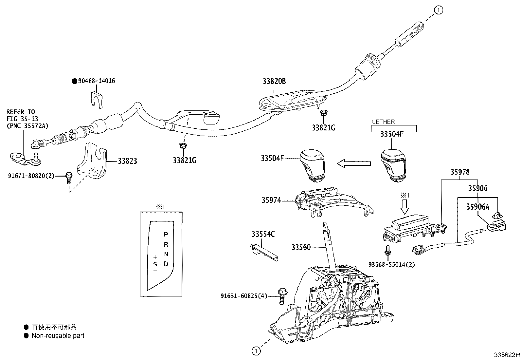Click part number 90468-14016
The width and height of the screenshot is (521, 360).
click(96, 81)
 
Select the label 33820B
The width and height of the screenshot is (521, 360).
click(274, 81)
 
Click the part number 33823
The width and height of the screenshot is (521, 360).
click(127, 161)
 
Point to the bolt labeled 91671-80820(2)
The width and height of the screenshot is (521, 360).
click(69, 178)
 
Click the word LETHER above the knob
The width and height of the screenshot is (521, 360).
click(383, 122)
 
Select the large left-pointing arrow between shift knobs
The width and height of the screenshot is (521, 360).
click(353, 163)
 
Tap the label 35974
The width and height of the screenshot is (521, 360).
click(271, 200)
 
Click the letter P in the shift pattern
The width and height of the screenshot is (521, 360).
click(166, 235)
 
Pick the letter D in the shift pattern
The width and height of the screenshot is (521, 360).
click(166, 264)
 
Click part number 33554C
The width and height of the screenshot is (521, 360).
click(263, 234)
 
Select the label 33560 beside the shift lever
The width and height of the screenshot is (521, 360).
click(301, 247)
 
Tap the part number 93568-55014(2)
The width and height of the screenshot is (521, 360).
click(391, 264)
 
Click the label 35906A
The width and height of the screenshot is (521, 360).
click(478, 207)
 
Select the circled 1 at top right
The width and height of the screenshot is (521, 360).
click(439, 10)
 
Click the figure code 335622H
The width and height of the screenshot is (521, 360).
click(507, 355)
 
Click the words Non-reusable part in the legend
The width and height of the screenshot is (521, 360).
click(58, 336)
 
